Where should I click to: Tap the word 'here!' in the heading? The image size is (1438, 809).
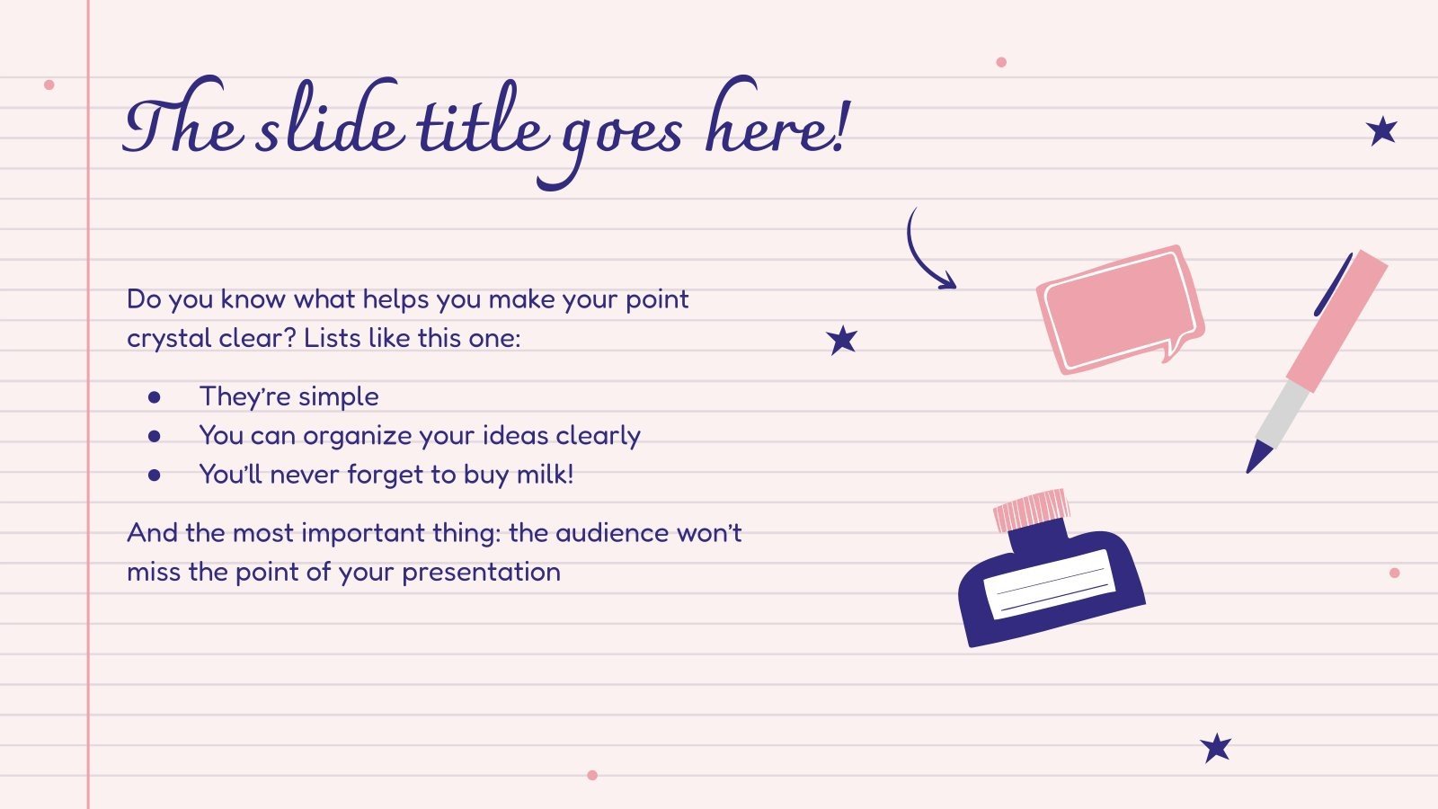tap(775, 126)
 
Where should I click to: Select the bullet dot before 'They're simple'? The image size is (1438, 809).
tap(155, 396)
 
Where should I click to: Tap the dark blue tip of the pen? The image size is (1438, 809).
tap(1257, 456)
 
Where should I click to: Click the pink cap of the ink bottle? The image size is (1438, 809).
tap(1032, 510)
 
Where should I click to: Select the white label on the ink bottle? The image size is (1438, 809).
tap(1050, 583)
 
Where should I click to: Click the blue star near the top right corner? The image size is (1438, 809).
tap(1382, 131)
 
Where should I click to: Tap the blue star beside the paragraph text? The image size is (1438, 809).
tap(842, 340)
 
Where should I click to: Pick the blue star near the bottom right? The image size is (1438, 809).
tap(1216, 747)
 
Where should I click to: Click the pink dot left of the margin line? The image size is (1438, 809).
tap(49, 84)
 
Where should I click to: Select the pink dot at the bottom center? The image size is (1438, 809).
tap(591, 775)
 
